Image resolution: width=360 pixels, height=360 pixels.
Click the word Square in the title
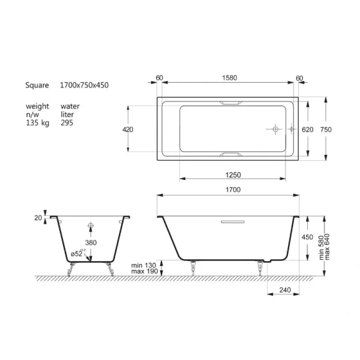click(37, 86)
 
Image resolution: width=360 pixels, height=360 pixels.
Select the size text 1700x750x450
click(84, 86)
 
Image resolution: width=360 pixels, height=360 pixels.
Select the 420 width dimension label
click(128, 129)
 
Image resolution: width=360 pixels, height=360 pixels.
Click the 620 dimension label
click(308, 129)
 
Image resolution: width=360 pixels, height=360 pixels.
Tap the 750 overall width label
click(325, 129)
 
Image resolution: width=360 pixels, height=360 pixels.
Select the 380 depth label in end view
click(91, 242)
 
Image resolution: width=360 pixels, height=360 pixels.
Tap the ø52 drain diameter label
click(77, 254)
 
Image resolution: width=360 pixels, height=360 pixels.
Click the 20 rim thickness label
click(38, 218)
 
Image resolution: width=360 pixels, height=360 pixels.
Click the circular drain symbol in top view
click(274, 129)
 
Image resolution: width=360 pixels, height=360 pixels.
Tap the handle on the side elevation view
click(230, 221)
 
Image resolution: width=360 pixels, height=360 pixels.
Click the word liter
click(69, 114)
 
